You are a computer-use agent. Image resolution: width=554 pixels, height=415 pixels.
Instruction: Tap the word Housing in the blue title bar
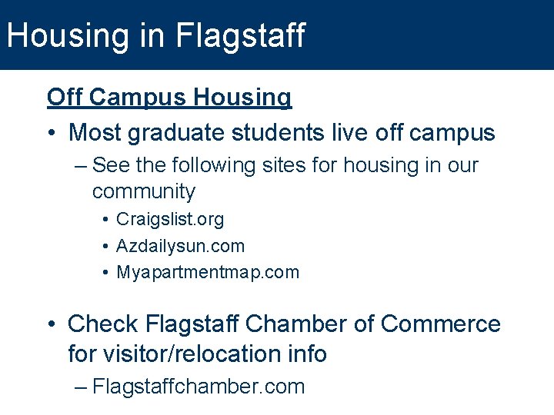tap(56, 35)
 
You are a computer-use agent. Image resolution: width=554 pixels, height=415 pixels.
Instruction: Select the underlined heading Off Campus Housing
tap(169, 98)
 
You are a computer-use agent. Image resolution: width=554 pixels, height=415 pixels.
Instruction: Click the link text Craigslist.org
tap(170, 220)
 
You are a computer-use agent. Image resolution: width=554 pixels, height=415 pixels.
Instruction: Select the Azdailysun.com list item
tap(180, 246)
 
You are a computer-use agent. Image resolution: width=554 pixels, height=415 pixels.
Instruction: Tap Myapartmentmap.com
tap(208, 272)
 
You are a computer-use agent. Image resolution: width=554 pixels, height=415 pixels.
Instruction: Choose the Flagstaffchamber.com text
tap(199, 387)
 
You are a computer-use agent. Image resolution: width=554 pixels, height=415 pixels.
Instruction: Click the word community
tap(144, 192)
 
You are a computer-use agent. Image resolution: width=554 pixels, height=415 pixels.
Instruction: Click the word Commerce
tap(441, 324)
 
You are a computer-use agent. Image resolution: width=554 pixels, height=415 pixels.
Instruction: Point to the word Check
tap(102, 324)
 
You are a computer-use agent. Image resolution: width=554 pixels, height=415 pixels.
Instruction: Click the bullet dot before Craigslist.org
tap(105, 221)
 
